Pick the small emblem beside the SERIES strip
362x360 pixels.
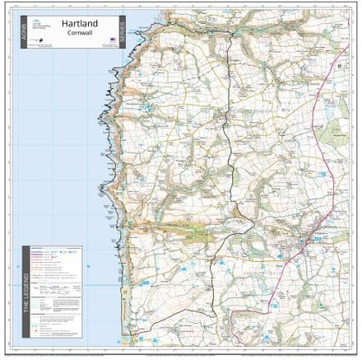pos(112,46)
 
